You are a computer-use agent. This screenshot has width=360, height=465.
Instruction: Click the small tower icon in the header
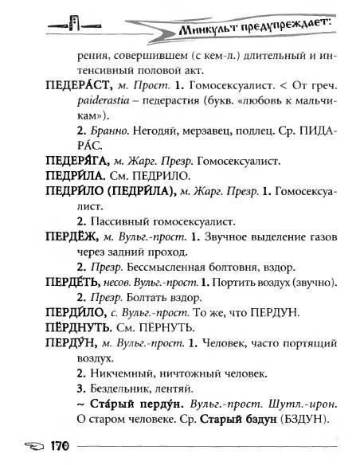coord(73,23)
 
